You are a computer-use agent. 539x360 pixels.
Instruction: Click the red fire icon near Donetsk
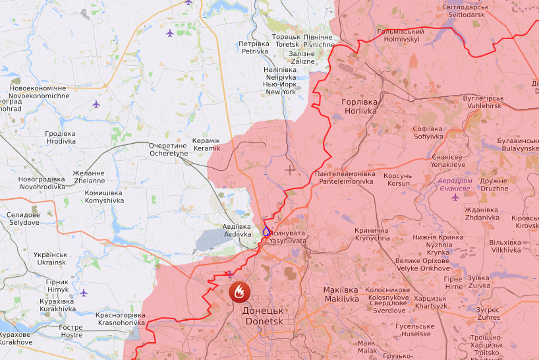pos(239,291)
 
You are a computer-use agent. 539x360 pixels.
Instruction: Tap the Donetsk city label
pos(263,316)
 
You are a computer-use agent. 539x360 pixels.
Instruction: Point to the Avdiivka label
pos(237,229)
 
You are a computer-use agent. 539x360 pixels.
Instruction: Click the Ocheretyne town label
pos(169,149)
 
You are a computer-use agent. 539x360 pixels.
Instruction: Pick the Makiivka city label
pos(341,294)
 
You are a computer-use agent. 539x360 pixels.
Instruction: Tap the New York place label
pos(280,88)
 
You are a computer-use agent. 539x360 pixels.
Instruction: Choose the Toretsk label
pos(287,40)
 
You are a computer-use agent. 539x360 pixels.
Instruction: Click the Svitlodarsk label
pos(466,11)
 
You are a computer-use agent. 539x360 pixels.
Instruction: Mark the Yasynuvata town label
pos(288,237)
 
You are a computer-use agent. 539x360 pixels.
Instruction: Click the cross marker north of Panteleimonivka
pos(290,170)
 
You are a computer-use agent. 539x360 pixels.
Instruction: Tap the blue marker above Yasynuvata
pos(266,231)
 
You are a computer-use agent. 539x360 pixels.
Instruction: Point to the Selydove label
pos(24,219)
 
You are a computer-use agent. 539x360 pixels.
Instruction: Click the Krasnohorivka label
pos(120,319)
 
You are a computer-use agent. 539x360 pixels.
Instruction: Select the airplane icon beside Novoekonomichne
pos(96,104)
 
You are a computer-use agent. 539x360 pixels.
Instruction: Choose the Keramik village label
pos(206,144)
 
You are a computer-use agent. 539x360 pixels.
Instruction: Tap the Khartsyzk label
pos(430,302)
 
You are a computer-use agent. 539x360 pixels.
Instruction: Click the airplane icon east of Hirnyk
pos(84,292)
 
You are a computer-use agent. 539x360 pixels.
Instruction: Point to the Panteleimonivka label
pos(345,177)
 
